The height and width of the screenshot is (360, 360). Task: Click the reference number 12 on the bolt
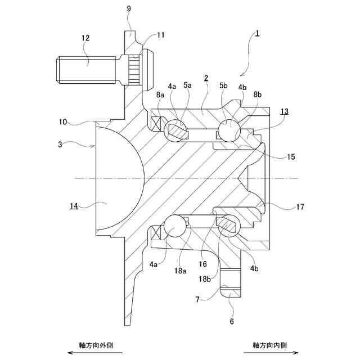coord(85,38)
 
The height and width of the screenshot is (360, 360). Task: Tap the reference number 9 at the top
coord(129,10)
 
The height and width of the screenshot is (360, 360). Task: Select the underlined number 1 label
coord(256,33)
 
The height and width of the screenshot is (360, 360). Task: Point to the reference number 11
coord(161,35)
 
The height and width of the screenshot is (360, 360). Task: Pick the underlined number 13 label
coord(285,111)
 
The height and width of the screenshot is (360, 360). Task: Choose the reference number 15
coord(290,157)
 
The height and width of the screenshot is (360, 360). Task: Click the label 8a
coord(160,96)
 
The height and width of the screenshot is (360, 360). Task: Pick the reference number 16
coord(202,263)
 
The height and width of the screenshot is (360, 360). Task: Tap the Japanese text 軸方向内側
coord(270,344)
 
